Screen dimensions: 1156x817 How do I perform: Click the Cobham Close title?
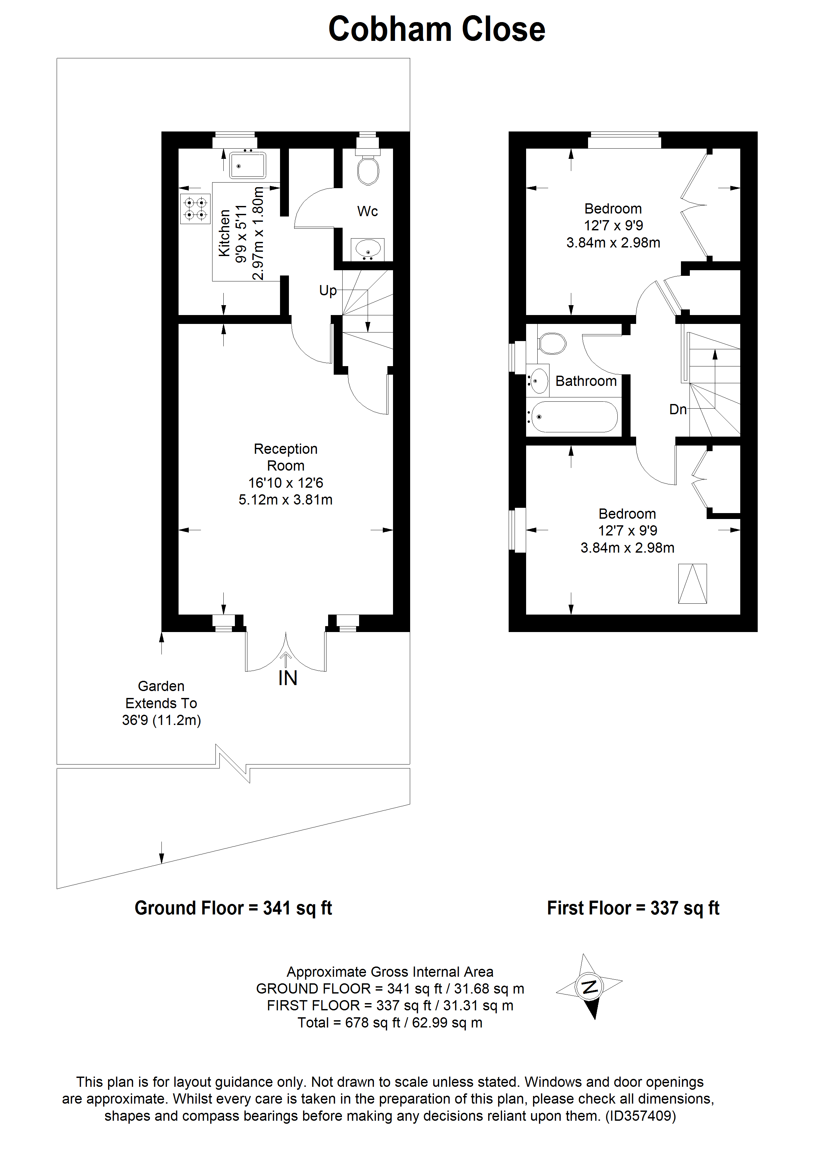click(x=437, y=29)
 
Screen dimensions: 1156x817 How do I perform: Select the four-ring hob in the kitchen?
click(x=195, y=209)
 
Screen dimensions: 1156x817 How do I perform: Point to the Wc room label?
click(x=367, y=212)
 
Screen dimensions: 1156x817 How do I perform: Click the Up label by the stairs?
click(x=328, y=291)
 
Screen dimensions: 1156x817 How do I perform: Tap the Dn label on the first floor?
click(x=678, y=409)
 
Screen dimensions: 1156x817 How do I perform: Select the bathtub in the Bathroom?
click(x=574, y=417)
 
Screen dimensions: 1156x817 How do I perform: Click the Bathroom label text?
click(x=586, y=381)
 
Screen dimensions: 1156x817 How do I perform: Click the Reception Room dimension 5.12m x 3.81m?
click(x=285, y=500)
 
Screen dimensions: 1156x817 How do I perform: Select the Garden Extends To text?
click(x=161, y=703)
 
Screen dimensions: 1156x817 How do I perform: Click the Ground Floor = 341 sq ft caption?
click(x=233, y=908)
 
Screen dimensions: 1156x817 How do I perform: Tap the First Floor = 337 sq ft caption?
click(x=633, y=908)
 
